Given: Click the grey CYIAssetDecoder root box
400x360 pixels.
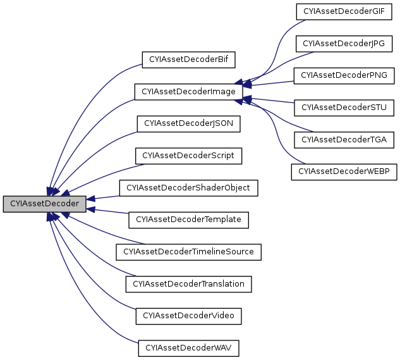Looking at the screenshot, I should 44,204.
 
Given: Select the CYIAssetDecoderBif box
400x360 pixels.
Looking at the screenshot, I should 188,60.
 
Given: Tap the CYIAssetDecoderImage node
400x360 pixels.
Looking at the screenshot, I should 188,92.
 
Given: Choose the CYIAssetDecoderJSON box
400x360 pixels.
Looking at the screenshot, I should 188,123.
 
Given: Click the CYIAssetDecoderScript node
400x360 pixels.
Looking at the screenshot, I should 188,155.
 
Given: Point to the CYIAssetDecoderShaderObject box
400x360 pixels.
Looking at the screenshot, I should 188,188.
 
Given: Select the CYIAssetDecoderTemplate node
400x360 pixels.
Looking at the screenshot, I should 188,220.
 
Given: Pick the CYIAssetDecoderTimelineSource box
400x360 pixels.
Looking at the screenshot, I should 188,251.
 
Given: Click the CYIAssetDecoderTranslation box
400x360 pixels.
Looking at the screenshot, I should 188,283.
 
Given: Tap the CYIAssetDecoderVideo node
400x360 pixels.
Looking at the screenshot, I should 188,315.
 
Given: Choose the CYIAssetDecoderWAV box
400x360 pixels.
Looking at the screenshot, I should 188,347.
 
